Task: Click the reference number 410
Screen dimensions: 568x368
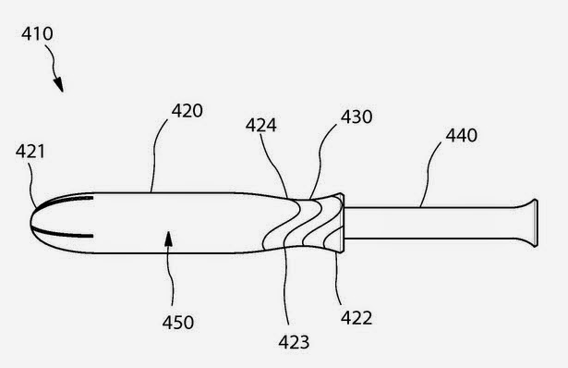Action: pyautogui.click(x=37, y=33)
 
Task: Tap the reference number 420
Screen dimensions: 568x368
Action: pyautogui.click(x=187, y=111)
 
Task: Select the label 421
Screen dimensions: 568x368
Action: pyautogui.click(x=30, y=152)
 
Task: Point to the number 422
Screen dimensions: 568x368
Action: pyautogui.click(x=357, y=318)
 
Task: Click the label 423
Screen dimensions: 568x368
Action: pyautogui.click(x=294, y=342)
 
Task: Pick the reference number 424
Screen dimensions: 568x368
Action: pyautogui.click(x=260, y=126)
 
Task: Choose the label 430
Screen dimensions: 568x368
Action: pyautogui.click(x=357, y=117)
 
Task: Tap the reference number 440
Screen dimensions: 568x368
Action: pyautogui.click(x=461, y=136)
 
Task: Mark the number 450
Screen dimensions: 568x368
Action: pyautogui.click(x=178, y=323)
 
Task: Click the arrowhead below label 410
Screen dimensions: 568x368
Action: pyautogui.click(x=59, y=84)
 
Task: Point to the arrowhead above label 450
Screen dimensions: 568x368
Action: pyautogui.click(x=168, y=239)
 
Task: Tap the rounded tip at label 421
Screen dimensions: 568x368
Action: pyautogui.click(x=33, y=222)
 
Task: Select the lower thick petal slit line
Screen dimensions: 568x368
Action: pyautogui.click(x=62, y=234)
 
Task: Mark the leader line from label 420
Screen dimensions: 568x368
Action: pyautogui.click(x=155, y=154)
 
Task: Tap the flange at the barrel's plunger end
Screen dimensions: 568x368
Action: pyautogui.click(x=341, y=223)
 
